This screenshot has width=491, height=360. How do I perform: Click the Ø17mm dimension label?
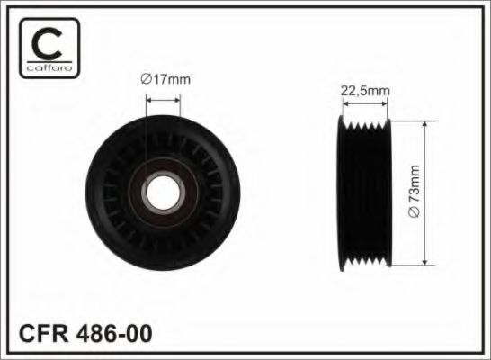166,79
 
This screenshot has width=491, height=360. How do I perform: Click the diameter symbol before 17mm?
147,79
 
